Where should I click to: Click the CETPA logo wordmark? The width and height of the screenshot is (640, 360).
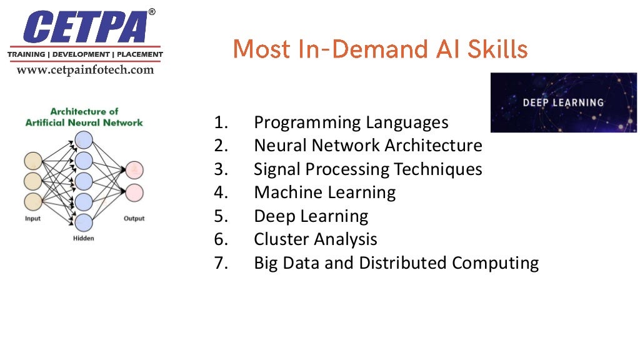click(87, 27)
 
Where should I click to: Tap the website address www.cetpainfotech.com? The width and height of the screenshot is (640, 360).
click(85, 70)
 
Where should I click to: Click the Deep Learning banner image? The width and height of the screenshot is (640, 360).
click(563, 102)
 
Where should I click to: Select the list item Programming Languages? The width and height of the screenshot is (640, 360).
click(351, 122)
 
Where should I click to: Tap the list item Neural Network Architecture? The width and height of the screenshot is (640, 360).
click(367, 146)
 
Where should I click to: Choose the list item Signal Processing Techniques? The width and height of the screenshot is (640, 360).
click(367, 169)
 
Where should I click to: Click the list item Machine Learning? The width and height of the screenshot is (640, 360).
click(324, 192)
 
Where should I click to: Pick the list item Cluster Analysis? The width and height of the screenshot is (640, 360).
click(315, 239)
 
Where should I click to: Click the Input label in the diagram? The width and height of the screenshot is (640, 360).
click(32, 219)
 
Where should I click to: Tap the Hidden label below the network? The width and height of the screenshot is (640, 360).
click(83, 239)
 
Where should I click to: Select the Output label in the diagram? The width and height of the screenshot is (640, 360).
click(134, 219)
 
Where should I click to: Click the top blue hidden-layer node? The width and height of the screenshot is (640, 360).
click(84, 139)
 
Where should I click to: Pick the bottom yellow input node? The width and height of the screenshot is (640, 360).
click(32, 201)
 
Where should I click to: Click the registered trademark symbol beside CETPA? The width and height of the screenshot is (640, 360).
click(151, 12)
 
